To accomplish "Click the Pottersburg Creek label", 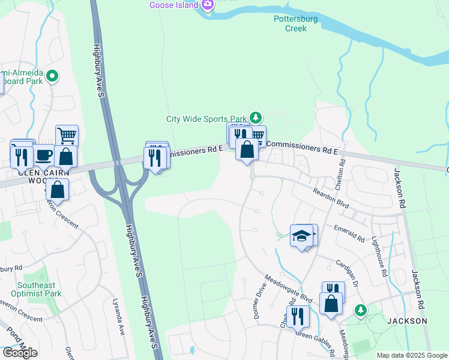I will click(290, 23).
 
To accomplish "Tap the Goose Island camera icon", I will click(208, 5).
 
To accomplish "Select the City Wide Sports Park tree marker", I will click(256, 116).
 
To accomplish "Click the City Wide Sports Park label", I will click(207, 119).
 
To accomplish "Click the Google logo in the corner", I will click(20, 353).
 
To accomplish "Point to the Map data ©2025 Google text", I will click(412, 355).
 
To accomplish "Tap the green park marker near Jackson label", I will click(360, 310).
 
